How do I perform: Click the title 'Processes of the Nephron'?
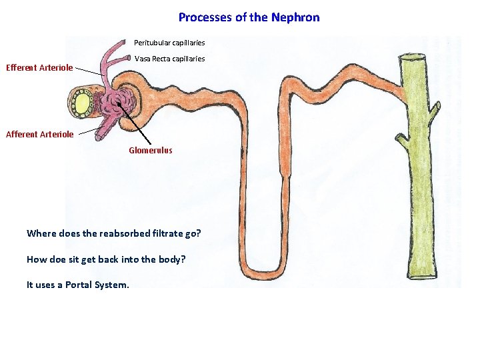click(x=249, y=17)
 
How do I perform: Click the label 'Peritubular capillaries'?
click(x=169, y=43)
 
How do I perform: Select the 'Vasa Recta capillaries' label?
click(x=169, y=59)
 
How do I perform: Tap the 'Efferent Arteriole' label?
click(x=39, y=67)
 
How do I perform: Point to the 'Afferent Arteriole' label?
click(x=39, y=135)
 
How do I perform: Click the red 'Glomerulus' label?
click(x=150, y=151)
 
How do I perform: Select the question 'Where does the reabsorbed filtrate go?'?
click(x=113, y=233)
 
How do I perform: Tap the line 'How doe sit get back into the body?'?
click(x=105, y=259)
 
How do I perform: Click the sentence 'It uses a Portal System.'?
click(x=78, y=285)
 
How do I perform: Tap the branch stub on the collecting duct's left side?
click(x=401, y=141)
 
